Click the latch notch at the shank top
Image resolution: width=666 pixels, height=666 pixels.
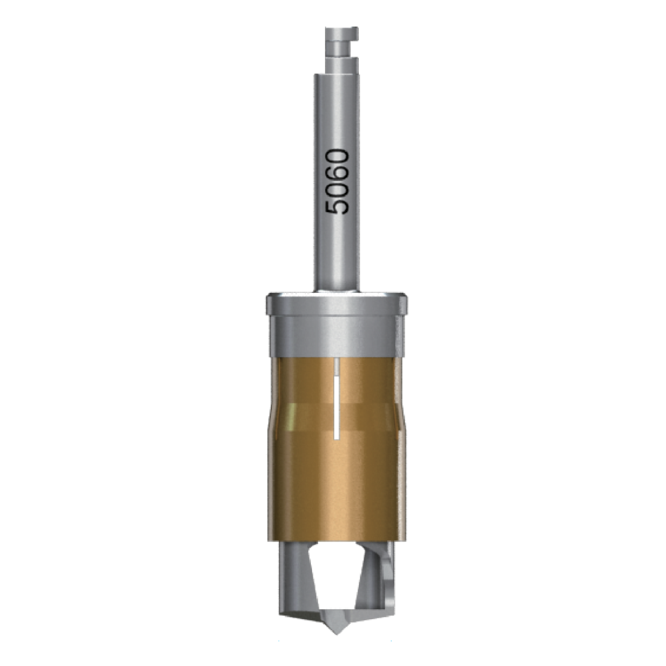[351, 44]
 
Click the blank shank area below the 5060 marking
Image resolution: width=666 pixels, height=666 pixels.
[336, 253]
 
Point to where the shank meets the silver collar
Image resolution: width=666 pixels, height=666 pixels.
[336, 290]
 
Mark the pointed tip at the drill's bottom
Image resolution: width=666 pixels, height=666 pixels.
[336, 630]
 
